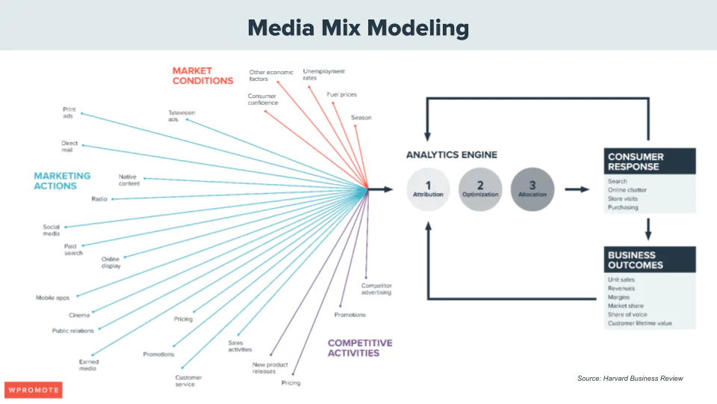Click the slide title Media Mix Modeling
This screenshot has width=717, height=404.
358,28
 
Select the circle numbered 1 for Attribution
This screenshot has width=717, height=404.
428,189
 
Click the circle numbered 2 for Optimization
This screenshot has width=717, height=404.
480,189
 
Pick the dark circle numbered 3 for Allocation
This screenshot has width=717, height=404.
533,189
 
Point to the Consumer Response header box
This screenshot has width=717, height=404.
650,162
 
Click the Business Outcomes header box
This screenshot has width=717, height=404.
650,260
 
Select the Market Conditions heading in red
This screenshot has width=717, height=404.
202,76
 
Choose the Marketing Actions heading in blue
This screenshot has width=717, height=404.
62,180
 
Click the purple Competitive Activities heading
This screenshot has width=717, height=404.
360,348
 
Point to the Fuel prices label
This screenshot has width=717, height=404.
341,94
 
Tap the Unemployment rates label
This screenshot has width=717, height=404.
323,74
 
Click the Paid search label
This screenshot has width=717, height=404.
73,249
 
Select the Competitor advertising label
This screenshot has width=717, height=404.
376,289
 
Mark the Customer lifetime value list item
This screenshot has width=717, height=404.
639,323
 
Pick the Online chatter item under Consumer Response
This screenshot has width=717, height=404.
627,190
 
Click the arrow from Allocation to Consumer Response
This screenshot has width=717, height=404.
577,189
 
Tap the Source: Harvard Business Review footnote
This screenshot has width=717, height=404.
630,379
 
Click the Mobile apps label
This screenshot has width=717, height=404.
52,298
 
